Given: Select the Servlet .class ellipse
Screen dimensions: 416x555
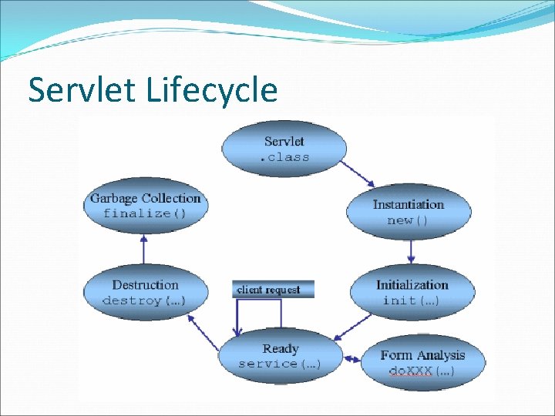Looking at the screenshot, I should coord(284,149).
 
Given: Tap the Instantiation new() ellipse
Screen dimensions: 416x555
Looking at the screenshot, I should coord(408,212).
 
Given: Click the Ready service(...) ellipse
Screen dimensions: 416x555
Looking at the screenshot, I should coord(280,356).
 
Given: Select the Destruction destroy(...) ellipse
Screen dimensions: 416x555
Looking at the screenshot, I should coord(144,293).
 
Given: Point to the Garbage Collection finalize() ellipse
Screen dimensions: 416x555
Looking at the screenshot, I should coord(145,205).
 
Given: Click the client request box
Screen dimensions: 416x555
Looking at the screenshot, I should coord(273,290).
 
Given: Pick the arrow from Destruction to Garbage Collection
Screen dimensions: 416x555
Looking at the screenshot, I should coord(143,248).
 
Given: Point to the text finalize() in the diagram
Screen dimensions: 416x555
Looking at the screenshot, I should coord(145,213).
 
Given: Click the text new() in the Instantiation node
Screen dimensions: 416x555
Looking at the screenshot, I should coord(408,220).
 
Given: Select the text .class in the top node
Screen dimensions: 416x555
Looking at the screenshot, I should coord(284,157).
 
